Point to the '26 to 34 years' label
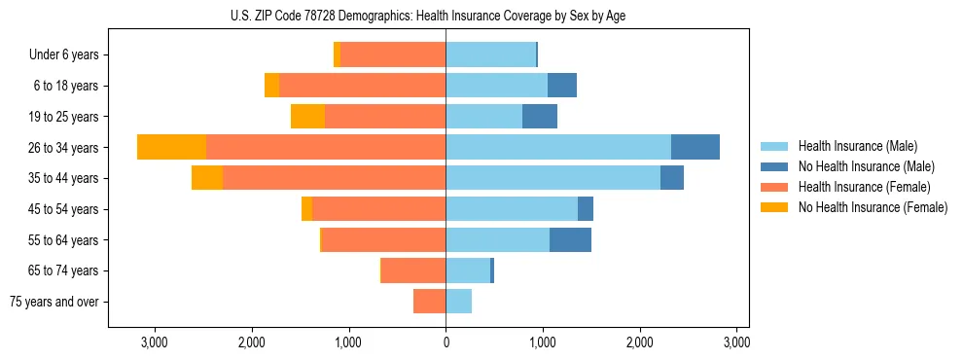point(62,148)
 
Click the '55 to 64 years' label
point(62,240)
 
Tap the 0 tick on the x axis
point(446,342)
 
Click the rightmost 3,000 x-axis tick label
point(736,342)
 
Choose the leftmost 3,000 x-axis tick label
point(155,342)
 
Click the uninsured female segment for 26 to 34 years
point(172,147)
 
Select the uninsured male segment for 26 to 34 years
point(695,147)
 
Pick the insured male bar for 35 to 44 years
point(553,178)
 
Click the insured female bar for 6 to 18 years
point(362,86)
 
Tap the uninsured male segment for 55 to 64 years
point(570,239)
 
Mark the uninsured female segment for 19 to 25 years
point(307,117)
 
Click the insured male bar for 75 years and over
point(458,302)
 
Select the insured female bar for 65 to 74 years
point(413,270)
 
